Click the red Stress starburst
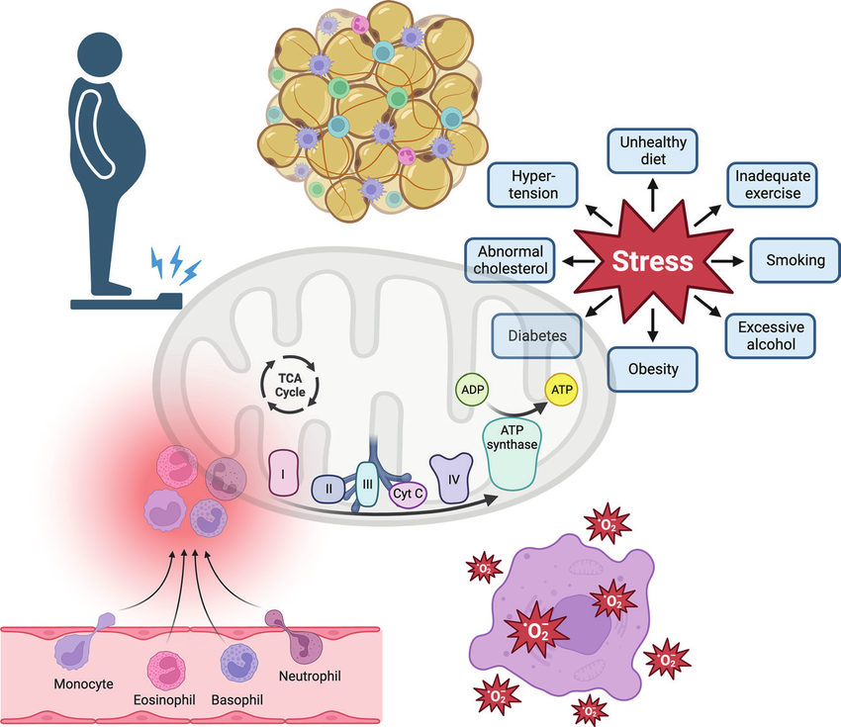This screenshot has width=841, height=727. click(x=652, y=261)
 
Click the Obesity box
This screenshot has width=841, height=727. click(x=653, y=369)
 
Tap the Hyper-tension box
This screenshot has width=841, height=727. click(x=534, y=183)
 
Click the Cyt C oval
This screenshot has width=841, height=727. click(x=406, y=492)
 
